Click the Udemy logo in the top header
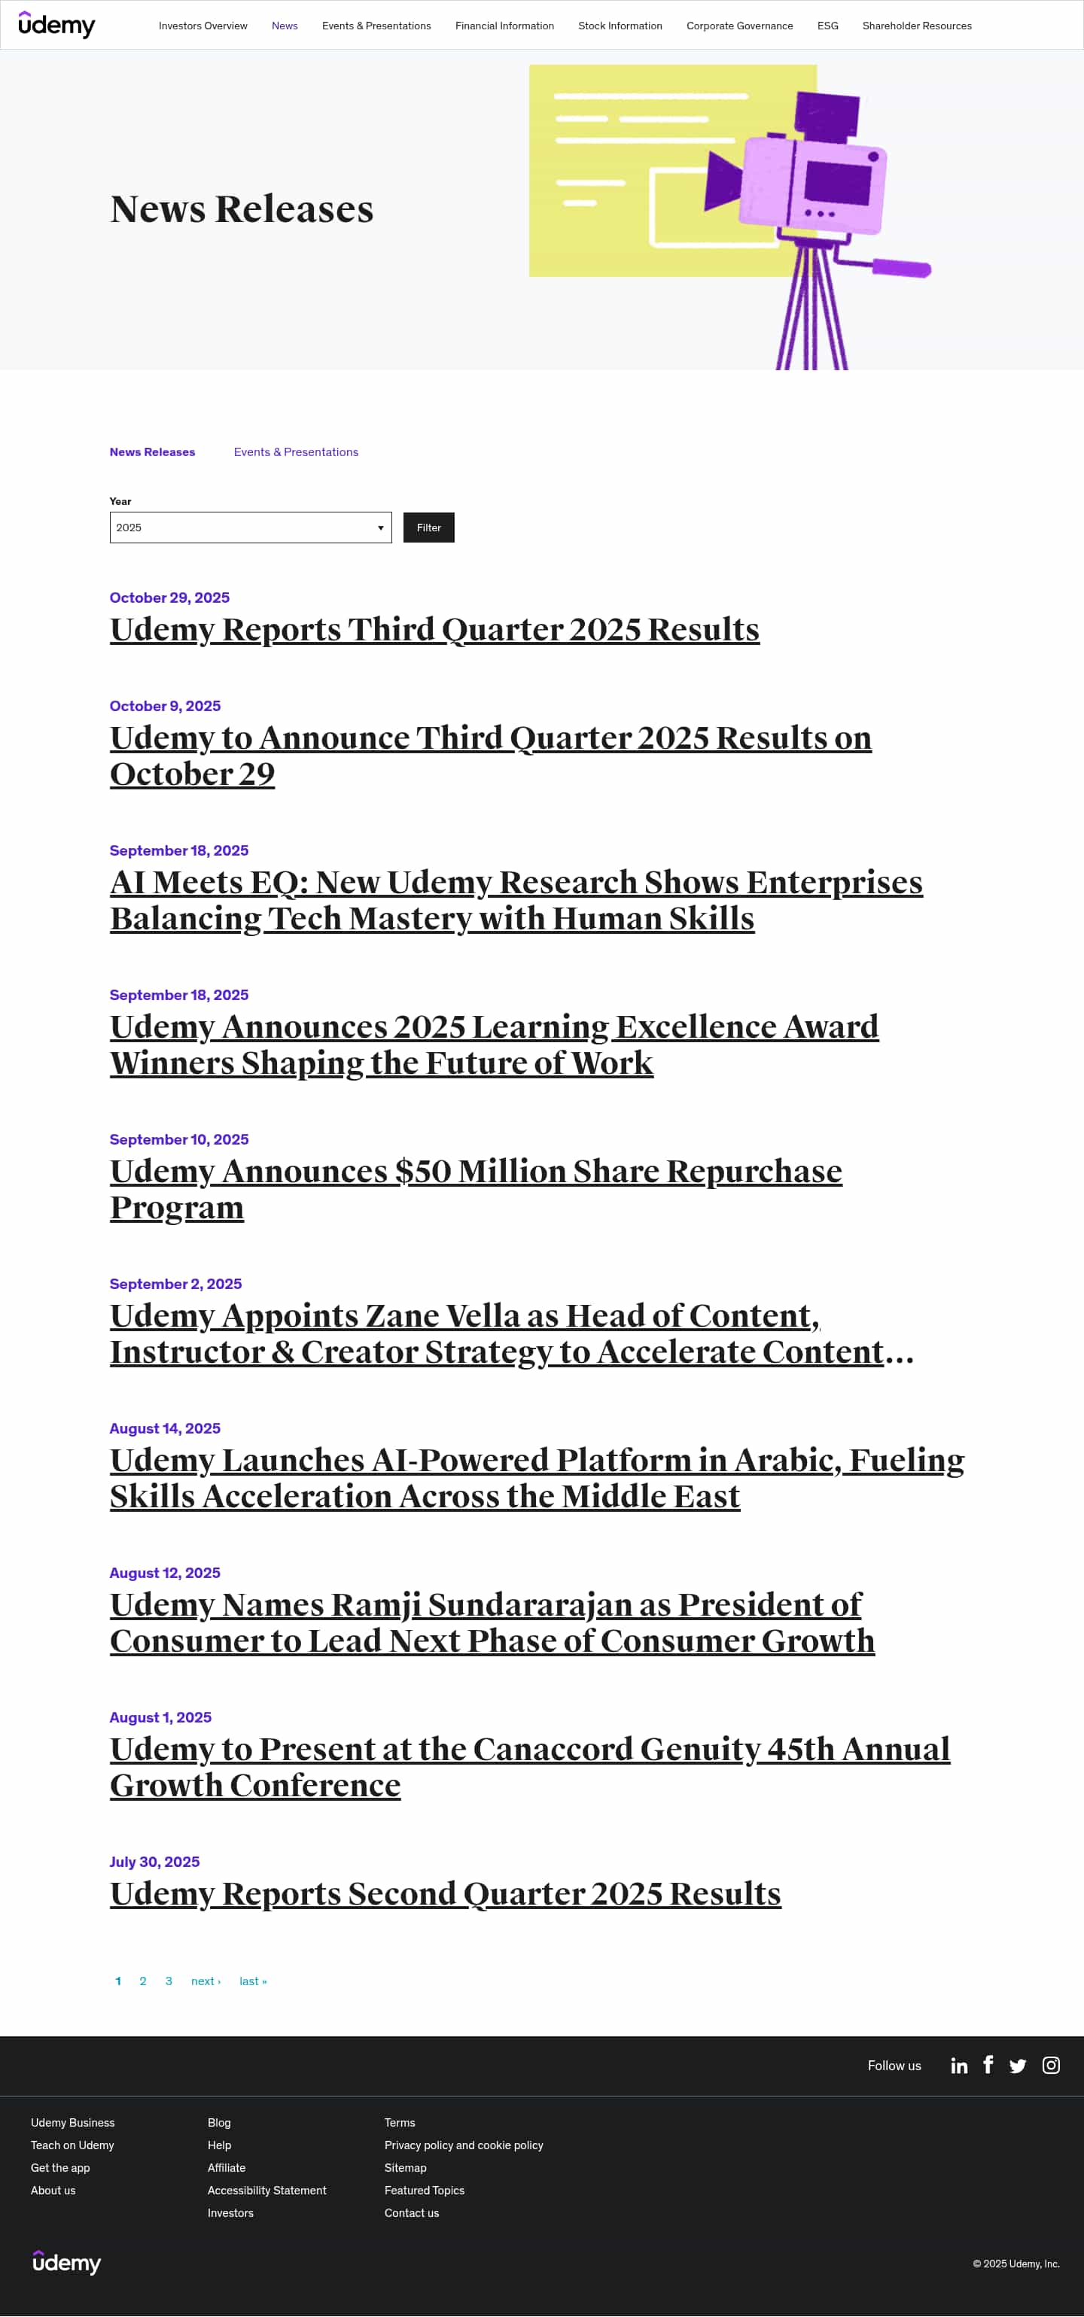[56, 25]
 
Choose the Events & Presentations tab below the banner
[295, 452]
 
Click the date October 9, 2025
[165, 706]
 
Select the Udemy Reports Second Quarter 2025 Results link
[444, 1893]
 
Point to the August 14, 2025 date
[165, 1428]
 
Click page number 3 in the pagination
[168, 1981]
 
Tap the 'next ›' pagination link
[205, 1981]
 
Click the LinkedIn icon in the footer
[959, 2065]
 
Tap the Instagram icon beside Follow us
[1050, 2065]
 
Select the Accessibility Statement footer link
[266, 2190]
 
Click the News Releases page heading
[241, 209]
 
